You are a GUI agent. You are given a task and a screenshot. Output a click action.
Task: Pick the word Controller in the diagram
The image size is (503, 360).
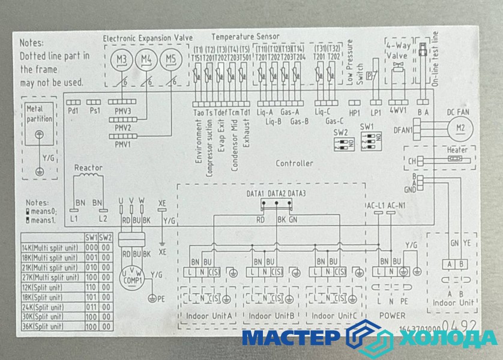[294, 163]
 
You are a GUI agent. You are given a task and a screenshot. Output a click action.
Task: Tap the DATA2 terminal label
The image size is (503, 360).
[277, 193]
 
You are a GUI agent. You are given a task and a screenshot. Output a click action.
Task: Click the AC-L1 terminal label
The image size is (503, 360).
[375, 206]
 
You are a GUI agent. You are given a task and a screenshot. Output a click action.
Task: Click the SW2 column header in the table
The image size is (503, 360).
[104, 237]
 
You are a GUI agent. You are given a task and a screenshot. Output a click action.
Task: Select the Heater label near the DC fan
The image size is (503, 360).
[457, 149]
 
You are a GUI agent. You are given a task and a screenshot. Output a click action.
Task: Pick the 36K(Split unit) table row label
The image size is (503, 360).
[43, 326]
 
